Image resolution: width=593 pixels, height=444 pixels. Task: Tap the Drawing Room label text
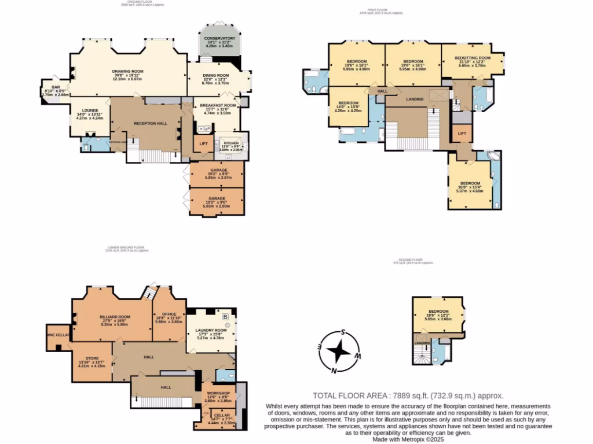(127, 71)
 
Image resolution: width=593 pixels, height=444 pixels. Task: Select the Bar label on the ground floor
(56, 87)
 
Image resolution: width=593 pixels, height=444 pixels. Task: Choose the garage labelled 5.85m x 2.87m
(217, 174)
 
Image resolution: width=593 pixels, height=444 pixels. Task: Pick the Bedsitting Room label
(472, 58)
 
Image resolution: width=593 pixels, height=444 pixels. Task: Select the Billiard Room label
(115, 317)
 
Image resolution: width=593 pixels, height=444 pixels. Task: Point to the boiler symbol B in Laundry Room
(225, 317)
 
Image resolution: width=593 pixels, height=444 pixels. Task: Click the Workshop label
(218, 393)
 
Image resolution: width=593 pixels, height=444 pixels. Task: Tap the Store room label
(91, 358)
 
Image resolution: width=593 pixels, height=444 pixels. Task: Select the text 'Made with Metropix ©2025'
(408, 439)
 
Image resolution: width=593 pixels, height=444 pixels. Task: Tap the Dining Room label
(215, 76)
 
